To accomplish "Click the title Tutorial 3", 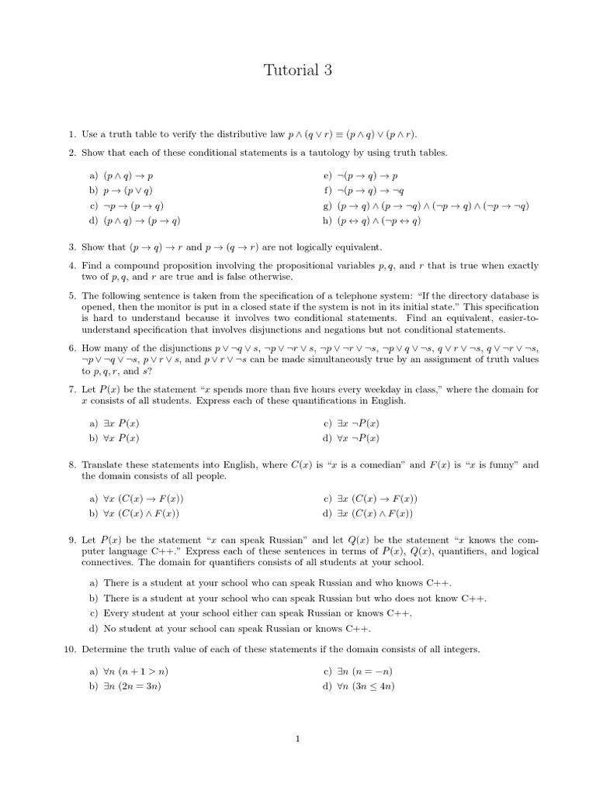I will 297,71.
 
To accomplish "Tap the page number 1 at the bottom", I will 297,738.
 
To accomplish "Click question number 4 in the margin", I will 71,266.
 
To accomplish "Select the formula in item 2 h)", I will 379,220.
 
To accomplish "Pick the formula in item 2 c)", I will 133,205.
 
